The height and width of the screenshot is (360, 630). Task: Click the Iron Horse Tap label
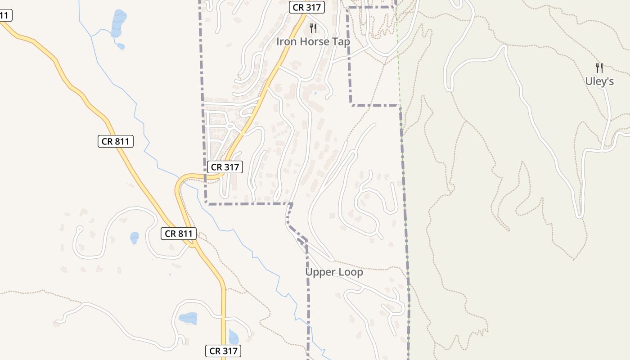(x=313, y=41)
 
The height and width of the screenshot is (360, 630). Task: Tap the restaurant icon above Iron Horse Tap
(x=313, y=28)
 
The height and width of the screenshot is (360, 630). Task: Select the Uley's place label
(x=599, y=81)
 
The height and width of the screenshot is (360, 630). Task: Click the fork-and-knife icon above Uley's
(x=599, y=68)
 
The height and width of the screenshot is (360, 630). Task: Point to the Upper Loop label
(x=334, y=272)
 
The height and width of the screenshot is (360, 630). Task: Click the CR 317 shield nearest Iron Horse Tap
(x=306, y=7)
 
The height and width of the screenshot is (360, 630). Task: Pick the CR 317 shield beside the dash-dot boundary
(x=225, y=167)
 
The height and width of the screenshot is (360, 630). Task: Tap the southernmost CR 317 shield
(x=223, y=351)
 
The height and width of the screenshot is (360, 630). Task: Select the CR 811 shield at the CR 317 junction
(x=179, y=234)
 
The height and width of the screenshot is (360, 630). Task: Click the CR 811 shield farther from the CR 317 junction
(x=116, y=141)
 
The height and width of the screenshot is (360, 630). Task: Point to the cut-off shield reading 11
(x=4, y=16)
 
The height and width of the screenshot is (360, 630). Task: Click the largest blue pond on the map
(x=119, y=22)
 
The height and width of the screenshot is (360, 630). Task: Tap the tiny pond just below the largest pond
(x=121, y=45)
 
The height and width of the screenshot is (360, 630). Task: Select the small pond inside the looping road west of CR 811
(x=135, y=237)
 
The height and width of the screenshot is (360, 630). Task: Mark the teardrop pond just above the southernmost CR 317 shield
(x=233, y=337)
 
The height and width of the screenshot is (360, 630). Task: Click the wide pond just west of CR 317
(x=188, y=318)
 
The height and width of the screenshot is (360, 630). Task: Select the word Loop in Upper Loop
(x=351, y=272)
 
